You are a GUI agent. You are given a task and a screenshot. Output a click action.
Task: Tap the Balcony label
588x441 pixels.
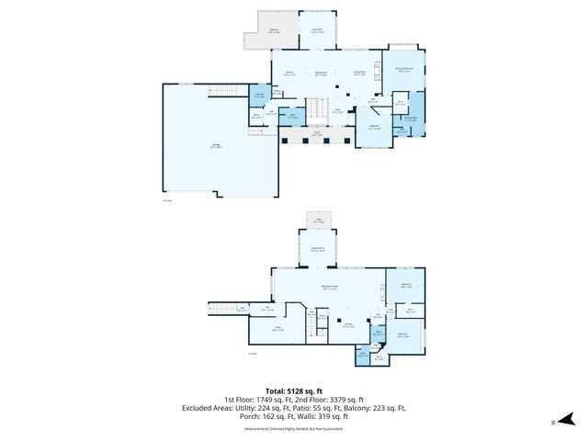tap(275, 30)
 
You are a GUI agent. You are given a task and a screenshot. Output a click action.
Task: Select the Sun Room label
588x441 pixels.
tap(317, 30)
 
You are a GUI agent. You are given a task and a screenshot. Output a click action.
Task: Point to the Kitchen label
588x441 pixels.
tap(289, 73)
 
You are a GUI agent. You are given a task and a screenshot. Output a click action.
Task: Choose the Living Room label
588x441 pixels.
tap(360, 72)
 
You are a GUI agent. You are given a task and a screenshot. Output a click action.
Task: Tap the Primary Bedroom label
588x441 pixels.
tap(404, 69)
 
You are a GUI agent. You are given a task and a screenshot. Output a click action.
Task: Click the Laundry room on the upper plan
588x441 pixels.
tap(260, 95)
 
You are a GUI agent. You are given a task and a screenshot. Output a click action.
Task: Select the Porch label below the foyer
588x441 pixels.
tap(317, 134)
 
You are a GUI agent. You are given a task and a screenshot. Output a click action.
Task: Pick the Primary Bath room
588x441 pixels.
tap(410, 118)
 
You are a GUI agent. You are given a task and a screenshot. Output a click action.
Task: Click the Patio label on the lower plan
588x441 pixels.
tap(320, 221)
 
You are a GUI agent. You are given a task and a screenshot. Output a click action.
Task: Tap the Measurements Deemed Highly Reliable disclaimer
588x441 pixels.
tap(294, 429)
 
